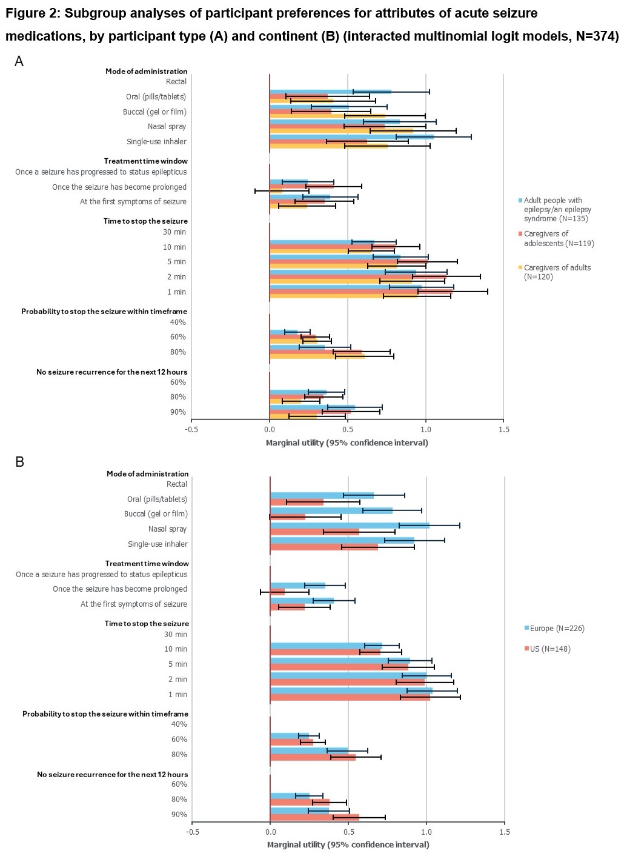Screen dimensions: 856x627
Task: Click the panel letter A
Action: pyautogui.click(x=19, y=61)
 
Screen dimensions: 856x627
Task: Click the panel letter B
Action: pyautogui.click(x=19, y=462)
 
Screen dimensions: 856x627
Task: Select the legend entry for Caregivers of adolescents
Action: pyautogui.click(x=559, y=238)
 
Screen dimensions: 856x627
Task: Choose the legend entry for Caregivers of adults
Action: pyautogui.click(x=557, y=272)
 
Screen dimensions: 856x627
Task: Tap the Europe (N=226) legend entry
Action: pyautogui.click(x=557, y=629)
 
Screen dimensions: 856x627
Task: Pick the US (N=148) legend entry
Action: pyautogui.click(x=549, y=649)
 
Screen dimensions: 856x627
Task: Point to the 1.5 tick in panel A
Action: pyautogui.click(x=503, y=430)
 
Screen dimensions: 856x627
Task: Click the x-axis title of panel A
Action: pyautogui.click(x=347, y=443)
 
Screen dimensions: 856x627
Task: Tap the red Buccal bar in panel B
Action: pyautogui.click(x=288, y=517)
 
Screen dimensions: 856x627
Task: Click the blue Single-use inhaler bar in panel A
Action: pyautogui.click(x=351, y=137)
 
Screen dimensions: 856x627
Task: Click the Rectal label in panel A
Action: pyautogui.click(x=176, y=82)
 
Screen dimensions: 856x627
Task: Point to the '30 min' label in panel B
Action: pyautogui.click(x=176, y=635)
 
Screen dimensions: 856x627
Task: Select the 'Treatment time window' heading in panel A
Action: pyautogui.click(x=145, y=161)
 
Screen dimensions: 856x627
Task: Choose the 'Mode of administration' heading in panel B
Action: pyautogui.click(x=147, y=474)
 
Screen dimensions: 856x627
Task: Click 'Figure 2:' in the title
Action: pyautogui.click(x=31, y=13)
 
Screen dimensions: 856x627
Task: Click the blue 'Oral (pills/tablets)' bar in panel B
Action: pyautogui.click(x=322, y=495)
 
